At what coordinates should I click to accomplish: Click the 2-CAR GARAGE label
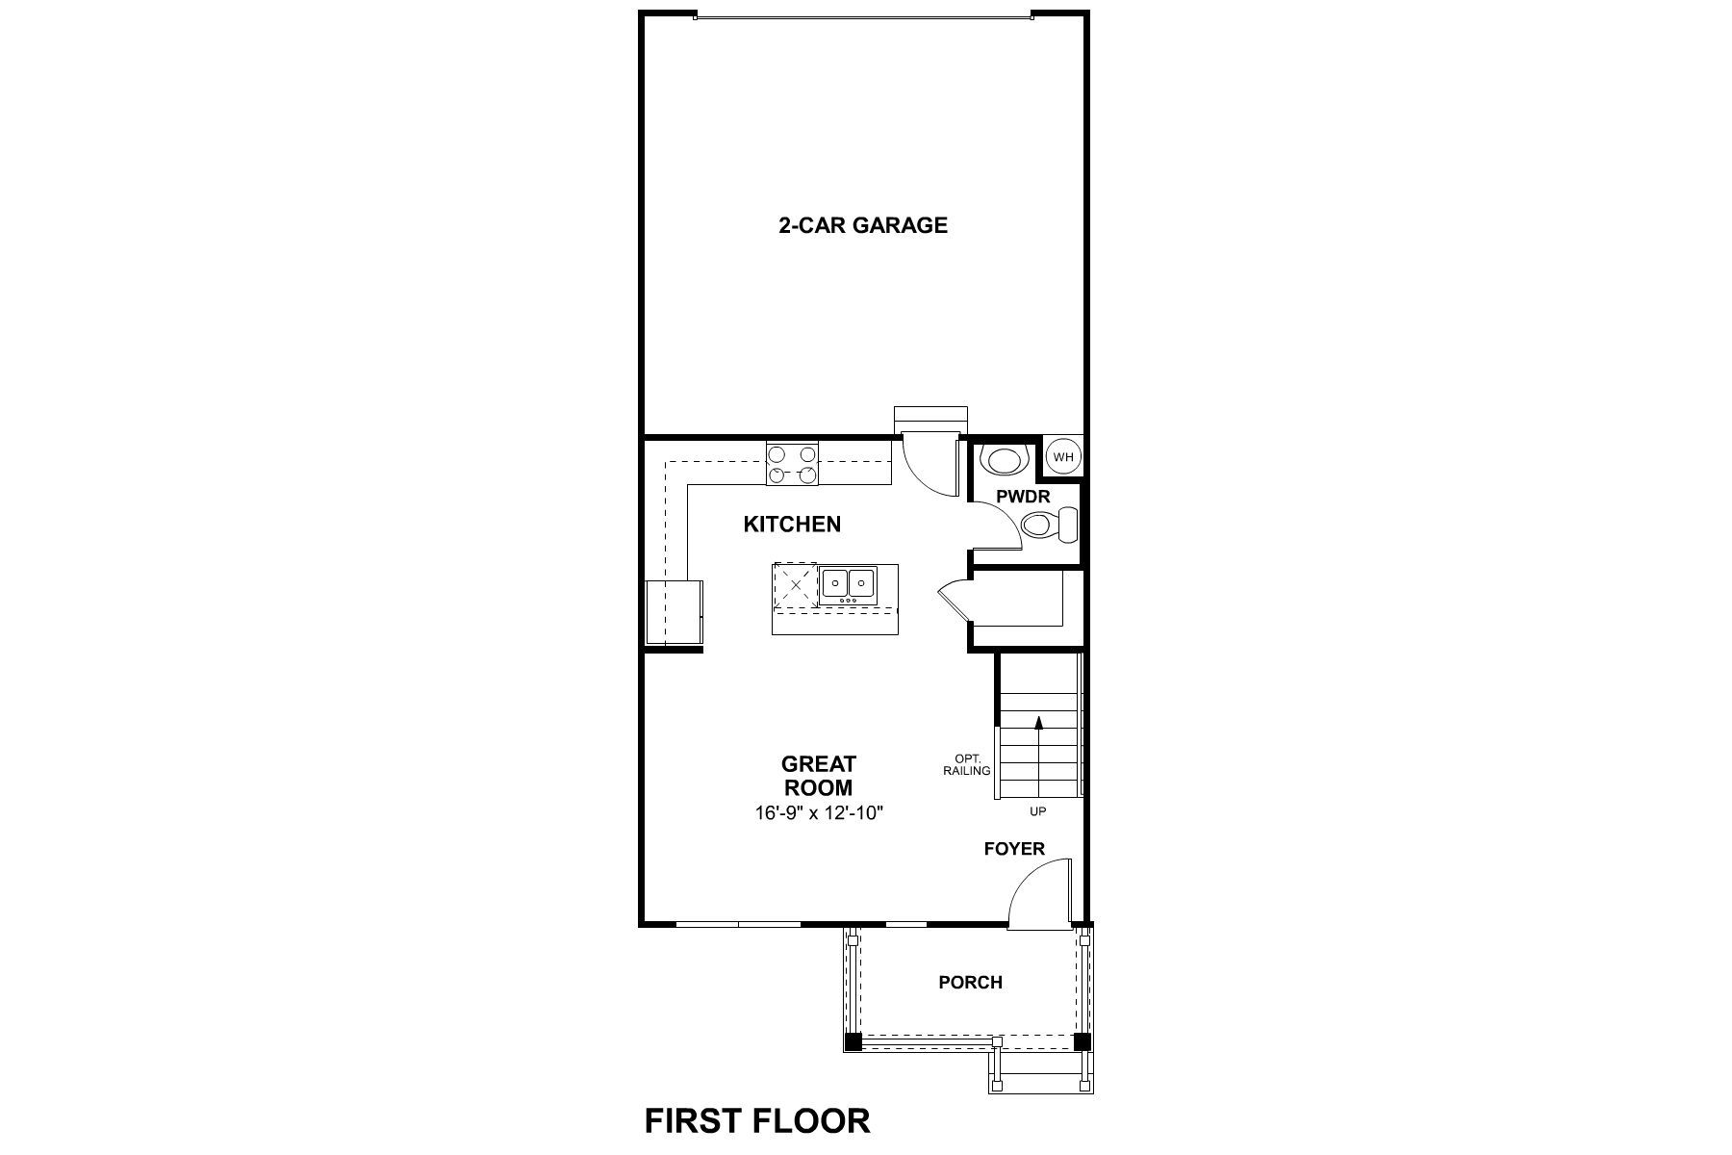pos(862,225)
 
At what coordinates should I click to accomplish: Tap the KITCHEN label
pos(792,525)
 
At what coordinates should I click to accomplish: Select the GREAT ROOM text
pos(818,776)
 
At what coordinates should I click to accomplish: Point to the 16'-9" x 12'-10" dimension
pos(818,813)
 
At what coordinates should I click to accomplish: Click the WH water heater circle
pos(1062,457)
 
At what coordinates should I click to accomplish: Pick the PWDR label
pos(1023,498)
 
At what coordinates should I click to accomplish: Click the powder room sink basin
pos(1003,461)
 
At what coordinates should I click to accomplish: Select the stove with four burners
pos(792,463)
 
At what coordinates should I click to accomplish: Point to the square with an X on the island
pos(796,585)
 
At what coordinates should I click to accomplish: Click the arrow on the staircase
pos(1038,722)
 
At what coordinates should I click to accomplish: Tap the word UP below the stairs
pos(1038,811)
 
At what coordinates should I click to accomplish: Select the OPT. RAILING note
pos(967,764)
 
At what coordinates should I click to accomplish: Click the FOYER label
pos(1014,849)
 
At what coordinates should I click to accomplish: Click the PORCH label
pos(970,983)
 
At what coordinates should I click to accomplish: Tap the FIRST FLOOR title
pos(757,1120)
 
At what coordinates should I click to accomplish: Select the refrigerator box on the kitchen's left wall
pos(673,611)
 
